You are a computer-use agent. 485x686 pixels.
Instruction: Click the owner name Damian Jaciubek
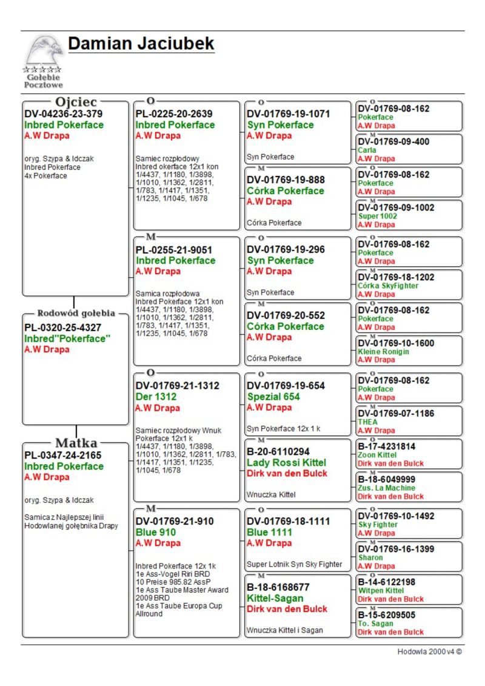(x=141, y=44)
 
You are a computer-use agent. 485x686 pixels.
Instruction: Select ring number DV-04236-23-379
(x=63, y=113)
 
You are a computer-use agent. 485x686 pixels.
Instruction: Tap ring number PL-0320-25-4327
(x=62, y=328)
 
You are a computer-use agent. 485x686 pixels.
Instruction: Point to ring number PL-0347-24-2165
(x=62, y=455)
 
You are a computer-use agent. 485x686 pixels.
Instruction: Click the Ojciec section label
(x=75, y=102)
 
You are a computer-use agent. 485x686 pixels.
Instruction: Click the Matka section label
(x=76, y=442)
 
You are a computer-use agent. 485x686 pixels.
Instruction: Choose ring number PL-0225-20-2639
(x=174, y=113)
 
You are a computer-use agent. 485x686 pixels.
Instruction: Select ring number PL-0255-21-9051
(x=174, y=249)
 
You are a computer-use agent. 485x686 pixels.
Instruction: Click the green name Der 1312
(x=156, y=397)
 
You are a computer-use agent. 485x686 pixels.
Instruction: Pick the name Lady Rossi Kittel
(x=286, y=463)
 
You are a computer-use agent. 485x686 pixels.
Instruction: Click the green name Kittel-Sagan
(x=275, y=598)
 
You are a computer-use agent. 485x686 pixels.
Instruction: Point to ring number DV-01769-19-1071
(x=288, y=113)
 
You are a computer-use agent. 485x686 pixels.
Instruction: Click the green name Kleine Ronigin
(x=383, y=352)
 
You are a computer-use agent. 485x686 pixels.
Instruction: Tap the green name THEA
(x=367, y=422)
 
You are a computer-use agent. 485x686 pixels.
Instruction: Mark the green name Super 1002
(x=377, y=216)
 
